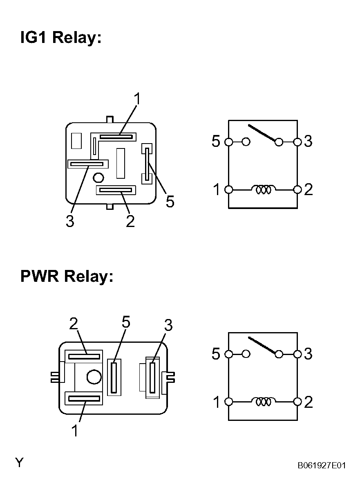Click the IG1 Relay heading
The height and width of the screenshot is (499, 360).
[61, 38]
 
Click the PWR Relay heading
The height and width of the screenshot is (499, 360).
[67, 276]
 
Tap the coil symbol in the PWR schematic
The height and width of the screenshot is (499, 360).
[264, 402]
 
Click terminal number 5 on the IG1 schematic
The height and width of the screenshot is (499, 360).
[216, 141]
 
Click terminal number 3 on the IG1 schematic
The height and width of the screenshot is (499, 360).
[308, 141]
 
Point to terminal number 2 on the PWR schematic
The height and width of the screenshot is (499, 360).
[309, 402]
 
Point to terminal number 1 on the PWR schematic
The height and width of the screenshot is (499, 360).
[217, 402]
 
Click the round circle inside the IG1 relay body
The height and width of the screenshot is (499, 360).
[98, 178]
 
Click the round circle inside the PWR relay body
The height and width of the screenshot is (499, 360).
[94, 377]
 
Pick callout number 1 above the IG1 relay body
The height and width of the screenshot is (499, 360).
[138, 99]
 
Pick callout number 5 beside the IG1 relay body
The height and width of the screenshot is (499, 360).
[170, 202]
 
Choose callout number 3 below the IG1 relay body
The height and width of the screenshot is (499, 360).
[70, 221]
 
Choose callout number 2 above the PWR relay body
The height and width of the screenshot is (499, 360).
[74, 324]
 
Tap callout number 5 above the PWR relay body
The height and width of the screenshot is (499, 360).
[126, 322]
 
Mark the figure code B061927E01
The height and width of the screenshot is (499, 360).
[322, 465]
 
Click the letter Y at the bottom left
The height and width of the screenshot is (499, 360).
[19, 463]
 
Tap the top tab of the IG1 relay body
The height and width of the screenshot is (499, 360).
[110, 119]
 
